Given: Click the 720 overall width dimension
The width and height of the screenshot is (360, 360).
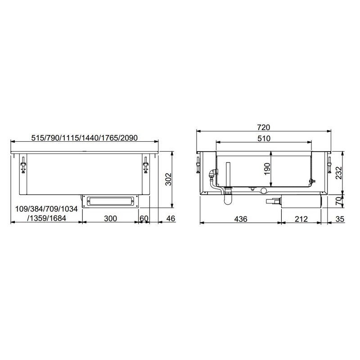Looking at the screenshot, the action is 264,127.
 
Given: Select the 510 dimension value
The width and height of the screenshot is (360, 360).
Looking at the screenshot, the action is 264,139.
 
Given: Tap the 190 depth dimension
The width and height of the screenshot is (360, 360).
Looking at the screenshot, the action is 267,169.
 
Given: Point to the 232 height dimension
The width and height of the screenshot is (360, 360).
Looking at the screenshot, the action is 338,173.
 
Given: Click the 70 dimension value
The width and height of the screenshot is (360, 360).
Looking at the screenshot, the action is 339,201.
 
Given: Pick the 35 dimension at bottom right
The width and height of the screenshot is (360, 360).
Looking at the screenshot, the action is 340,219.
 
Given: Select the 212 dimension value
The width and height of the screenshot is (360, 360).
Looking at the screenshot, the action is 301,219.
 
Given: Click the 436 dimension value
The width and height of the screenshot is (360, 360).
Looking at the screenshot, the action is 241,219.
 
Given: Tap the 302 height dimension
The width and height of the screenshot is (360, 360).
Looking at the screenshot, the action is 168,179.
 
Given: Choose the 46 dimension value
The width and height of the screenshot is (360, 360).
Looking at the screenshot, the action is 171,218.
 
